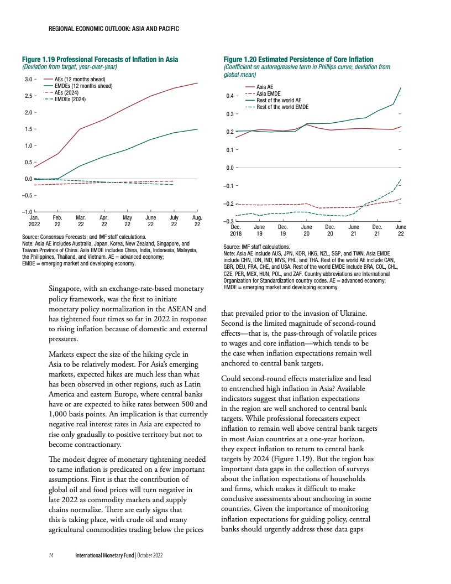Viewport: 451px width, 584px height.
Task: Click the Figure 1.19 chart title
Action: tap(99, 59)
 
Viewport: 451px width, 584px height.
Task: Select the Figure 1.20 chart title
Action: tap(298, 59)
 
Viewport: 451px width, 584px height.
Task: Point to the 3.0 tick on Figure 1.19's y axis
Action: tap(26, 80)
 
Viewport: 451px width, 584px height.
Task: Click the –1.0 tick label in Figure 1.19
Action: tap(25, 212)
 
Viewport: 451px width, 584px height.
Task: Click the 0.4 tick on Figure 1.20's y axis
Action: tap(227, 97)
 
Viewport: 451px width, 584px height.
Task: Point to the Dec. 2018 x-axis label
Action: tap(236, 230)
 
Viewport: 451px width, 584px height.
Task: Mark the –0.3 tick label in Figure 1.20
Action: tap(227, 222)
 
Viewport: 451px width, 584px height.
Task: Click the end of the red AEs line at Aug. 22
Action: tap(197, 83)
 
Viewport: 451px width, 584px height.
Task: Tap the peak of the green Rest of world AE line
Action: tap(401, 88)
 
